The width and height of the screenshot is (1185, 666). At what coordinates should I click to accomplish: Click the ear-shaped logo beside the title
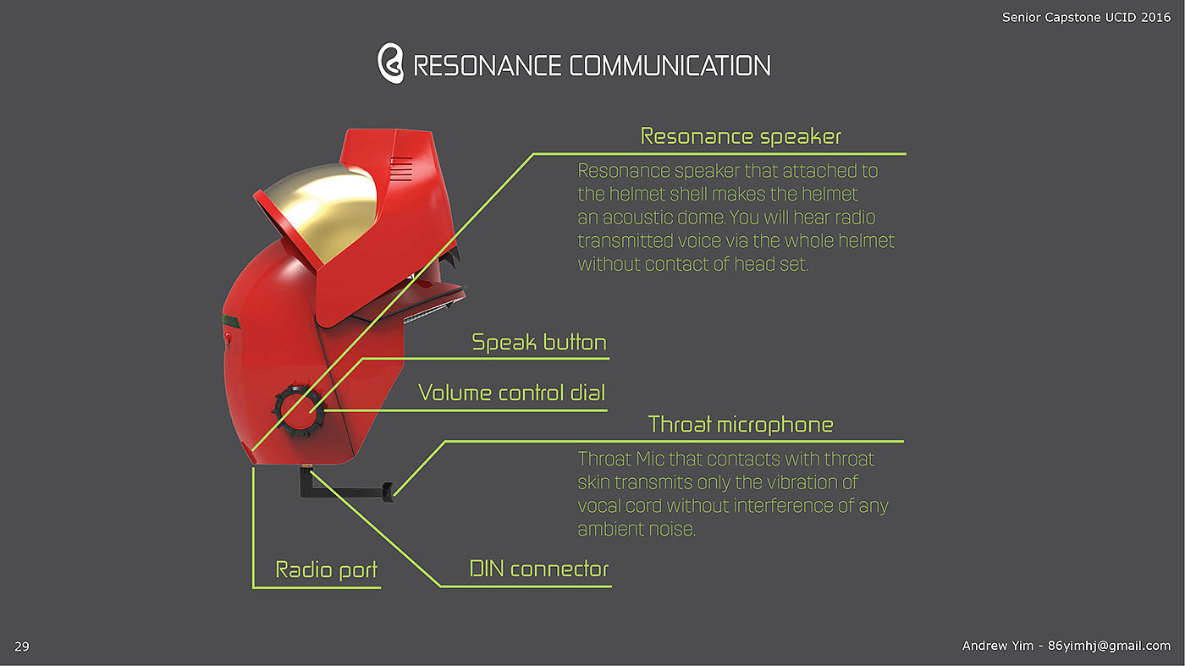point(390,64)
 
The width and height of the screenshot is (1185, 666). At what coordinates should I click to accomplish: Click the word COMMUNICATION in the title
point(670,66)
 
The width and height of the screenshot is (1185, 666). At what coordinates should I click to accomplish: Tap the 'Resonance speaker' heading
point(741,136)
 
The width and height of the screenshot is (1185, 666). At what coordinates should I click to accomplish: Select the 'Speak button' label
point(539,343)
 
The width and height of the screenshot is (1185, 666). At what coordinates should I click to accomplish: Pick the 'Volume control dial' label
point(512,393)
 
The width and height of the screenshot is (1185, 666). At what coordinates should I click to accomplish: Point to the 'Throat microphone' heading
point(741,424)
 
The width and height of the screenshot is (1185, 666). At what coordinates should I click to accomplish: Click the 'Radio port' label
point(327,570)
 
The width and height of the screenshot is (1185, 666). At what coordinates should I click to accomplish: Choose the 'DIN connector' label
point(539,569)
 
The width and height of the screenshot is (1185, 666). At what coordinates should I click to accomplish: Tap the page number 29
point(22,647)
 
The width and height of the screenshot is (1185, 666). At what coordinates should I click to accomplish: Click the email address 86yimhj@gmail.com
point(1109,646)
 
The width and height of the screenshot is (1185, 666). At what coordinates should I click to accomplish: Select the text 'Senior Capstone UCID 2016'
point(1087,17)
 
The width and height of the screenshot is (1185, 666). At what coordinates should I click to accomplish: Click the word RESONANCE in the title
point(487,66)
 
